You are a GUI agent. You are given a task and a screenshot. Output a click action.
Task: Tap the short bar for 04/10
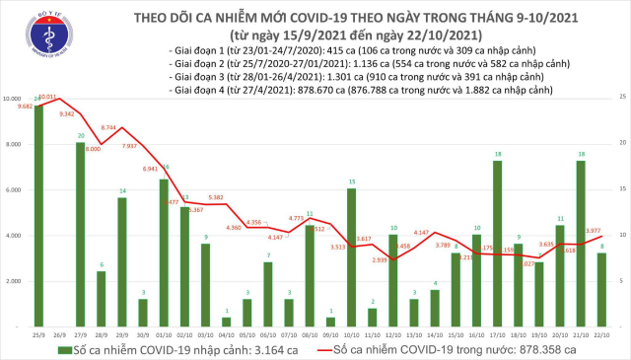227,321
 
